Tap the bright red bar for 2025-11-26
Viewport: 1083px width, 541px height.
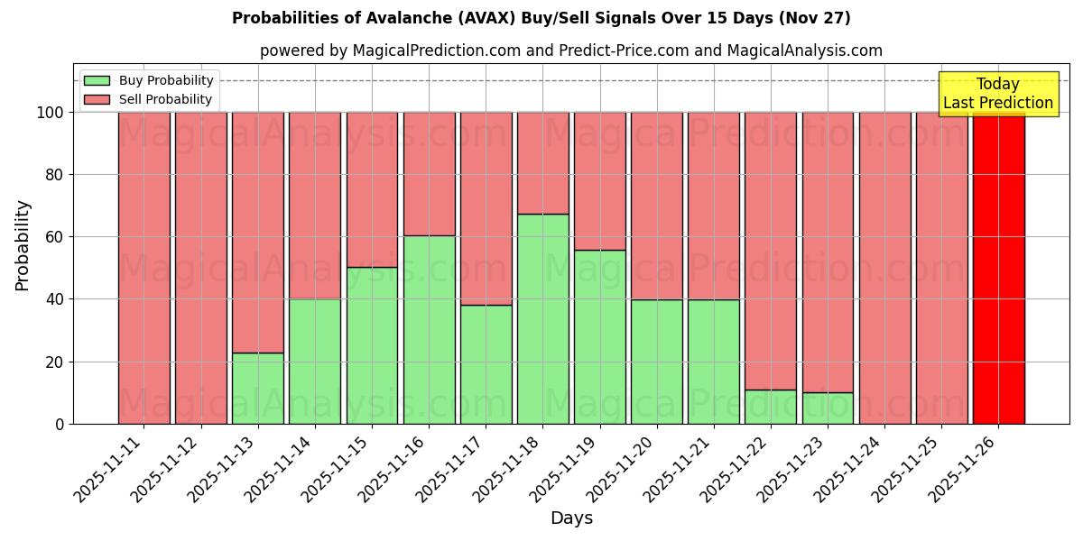pyautogui.click(x=998, y=268)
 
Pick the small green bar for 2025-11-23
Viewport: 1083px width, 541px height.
pyautogui.click(x=828, y=408)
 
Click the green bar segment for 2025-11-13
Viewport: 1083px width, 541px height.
pyautogui.click(x=257, y=388)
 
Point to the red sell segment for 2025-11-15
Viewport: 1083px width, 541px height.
pyautogui.click(x=372, y=189)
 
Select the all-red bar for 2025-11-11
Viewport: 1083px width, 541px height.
pyautogui.click(x=143, y=268)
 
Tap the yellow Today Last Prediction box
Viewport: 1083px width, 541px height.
pyautogui.click(x=998, y=94)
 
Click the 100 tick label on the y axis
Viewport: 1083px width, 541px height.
pyautogui.click(x=50, y=113)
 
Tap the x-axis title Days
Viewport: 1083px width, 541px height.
pyautogui.click(x=571, y=518)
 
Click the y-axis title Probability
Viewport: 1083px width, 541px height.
pyautogui.click(x=23, y=245)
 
